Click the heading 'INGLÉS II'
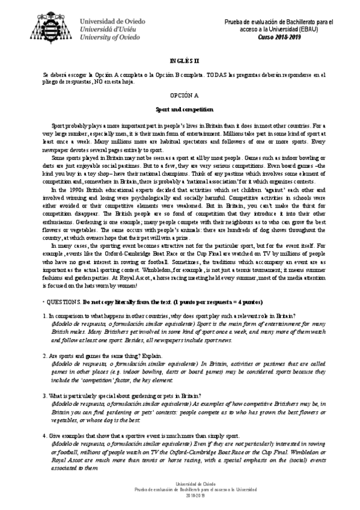180,61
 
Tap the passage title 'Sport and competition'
180,109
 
